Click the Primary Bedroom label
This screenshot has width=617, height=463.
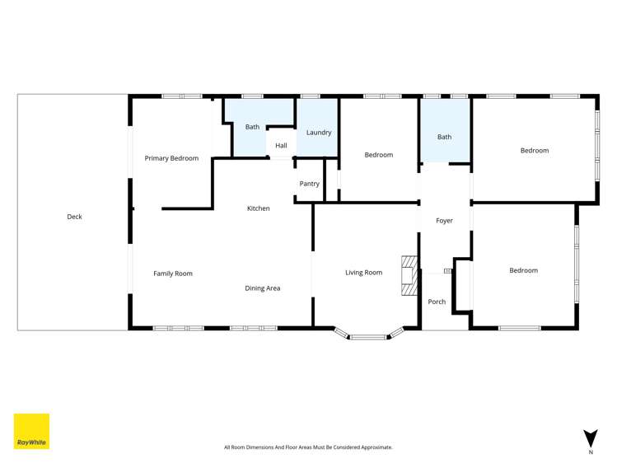click(x=171, y=158)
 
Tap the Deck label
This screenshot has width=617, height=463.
click(x=75, y=217)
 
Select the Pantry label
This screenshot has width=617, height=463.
click(x=310, y=184)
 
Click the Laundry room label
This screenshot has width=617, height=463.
click(x=319, y=133)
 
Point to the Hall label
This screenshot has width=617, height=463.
click(x=281, y=146)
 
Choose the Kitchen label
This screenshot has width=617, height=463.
click(x=259, y=208)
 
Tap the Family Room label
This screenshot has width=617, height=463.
click(x=173, y=274)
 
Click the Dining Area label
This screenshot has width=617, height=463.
click(x=263, y=288)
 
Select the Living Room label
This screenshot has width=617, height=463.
click(x=363, y=273)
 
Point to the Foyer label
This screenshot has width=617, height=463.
click(x=445, y=221)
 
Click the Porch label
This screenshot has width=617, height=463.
click(x=437, y=302)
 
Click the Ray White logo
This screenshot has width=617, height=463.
click(x=31, y=431)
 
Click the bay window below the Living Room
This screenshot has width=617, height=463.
click(x=369, y=335)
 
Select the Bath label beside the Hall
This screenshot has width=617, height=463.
click(x=252, y=127)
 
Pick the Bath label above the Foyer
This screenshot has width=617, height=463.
click(x=445, y=138)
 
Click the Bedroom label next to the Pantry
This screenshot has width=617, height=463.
click(x=379, y=155)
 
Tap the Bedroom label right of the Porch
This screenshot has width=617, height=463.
click(x=523, y=270)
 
